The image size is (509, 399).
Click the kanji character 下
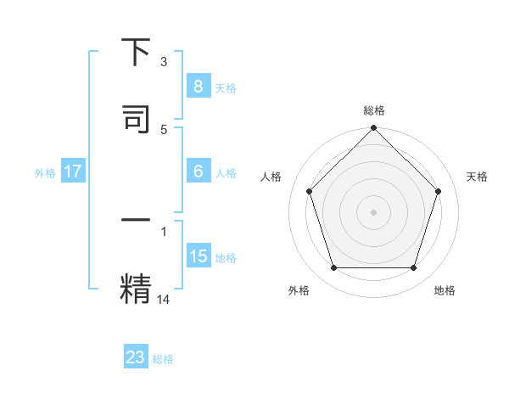(136, 53)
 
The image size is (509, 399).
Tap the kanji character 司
(136, 118)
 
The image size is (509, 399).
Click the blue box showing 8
(198, 87)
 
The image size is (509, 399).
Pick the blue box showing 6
(198, 171)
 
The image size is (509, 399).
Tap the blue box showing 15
(198, 256)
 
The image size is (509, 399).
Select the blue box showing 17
(73, 171)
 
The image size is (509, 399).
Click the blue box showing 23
(136, 357)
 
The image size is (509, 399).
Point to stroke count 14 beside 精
(164, 298)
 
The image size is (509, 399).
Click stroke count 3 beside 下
(164, 61)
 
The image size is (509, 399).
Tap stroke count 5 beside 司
(164, 129)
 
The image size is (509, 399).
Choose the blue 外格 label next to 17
(45, 172)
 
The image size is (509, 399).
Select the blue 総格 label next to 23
(163, 359)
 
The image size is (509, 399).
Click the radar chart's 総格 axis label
(374, 110)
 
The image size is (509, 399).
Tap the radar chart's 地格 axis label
(445, 290)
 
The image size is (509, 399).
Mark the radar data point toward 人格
(309, 191)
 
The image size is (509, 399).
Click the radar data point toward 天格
(439, 191)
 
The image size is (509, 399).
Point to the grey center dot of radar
(374, 211)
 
